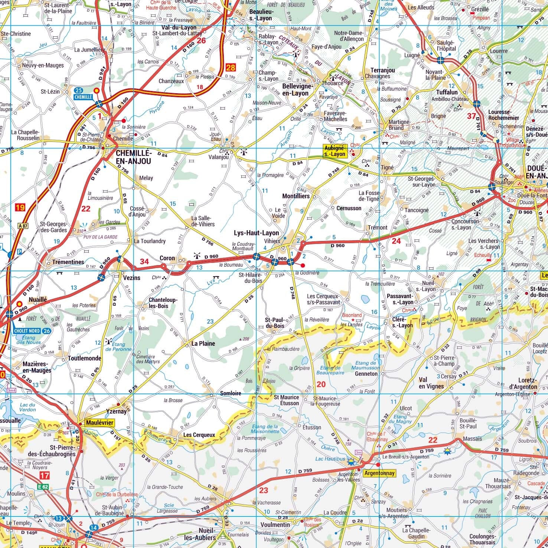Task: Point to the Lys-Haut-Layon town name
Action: coord(256,233)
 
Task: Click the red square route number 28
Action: coord(230,68)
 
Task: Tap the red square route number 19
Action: coord(20,207)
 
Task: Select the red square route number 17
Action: coord(44,475)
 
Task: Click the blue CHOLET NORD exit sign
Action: coord(32,331)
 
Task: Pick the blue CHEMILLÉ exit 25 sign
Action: coord(83,93)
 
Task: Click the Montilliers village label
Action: coord(296,196)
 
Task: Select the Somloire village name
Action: coord(231,393)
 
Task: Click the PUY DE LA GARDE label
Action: coord(100,237)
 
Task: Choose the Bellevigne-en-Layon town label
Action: coord(295,89)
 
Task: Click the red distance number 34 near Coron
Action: coord(144,262)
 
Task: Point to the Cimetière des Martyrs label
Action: coord(148,359)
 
